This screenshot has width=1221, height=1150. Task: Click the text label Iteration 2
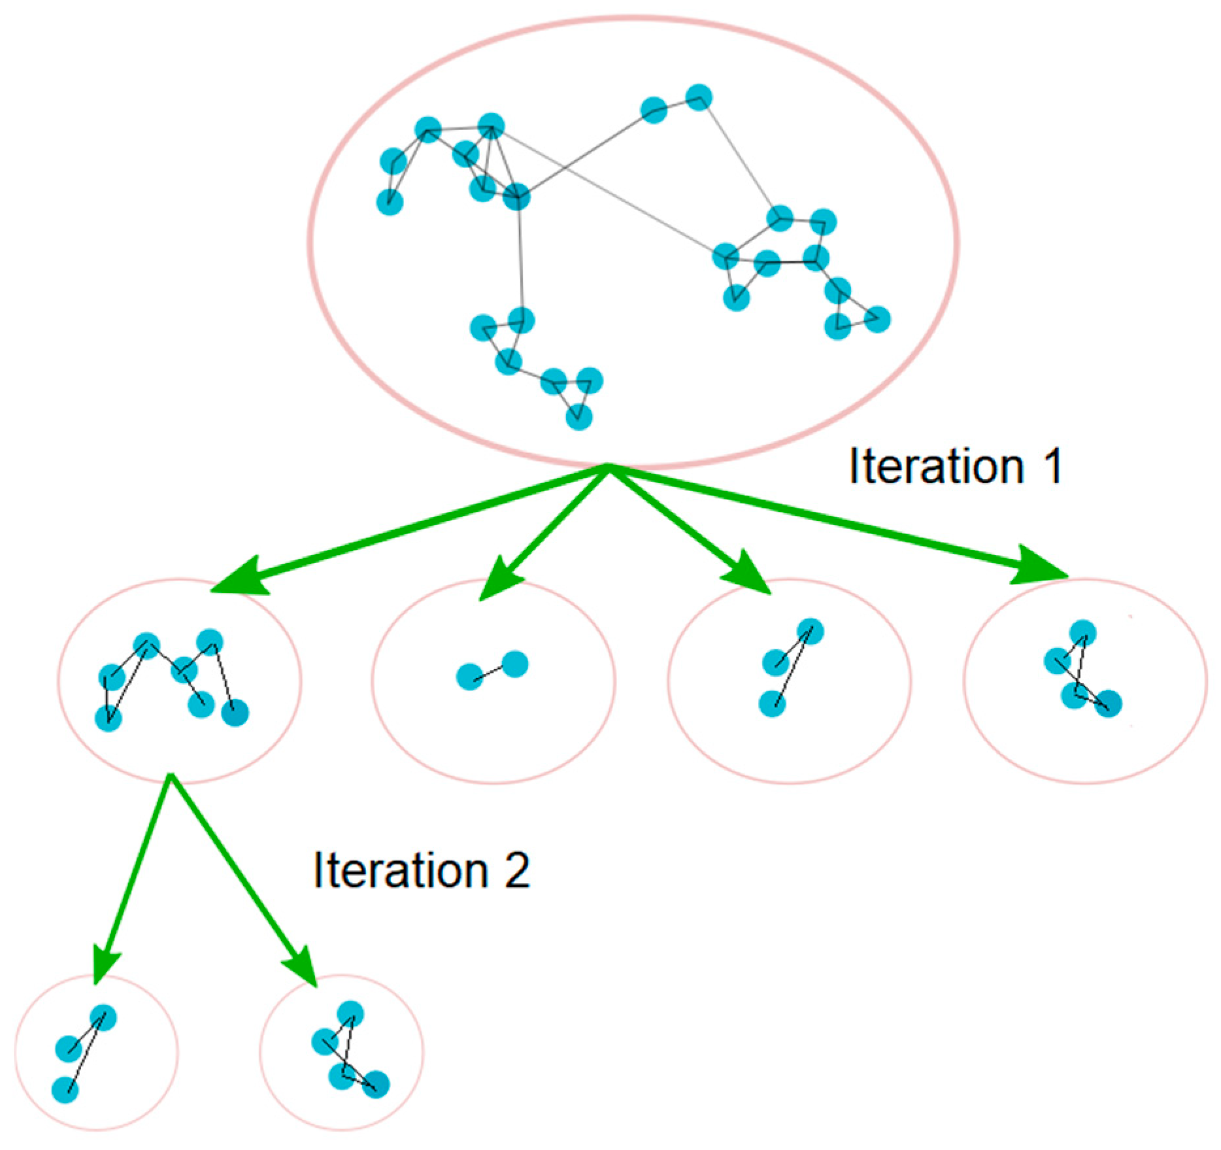421,870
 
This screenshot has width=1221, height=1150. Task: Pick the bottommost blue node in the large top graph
578,416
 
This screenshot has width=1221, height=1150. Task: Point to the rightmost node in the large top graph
877,319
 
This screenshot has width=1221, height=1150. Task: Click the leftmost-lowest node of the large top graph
390,202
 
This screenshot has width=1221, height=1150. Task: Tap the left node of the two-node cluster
469,677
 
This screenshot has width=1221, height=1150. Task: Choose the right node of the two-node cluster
515,664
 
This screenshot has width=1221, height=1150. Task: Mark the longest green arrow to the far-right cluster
837,523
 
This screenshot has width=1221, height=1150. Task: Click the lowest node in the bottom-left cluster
65,1090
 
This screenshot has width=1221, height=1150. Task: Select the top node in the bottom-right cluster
350,1014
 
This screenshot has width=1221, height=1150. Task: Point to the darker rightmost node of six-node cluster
235,713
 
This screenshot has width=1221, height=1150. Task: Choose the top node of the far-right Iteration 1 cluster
1082,634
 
